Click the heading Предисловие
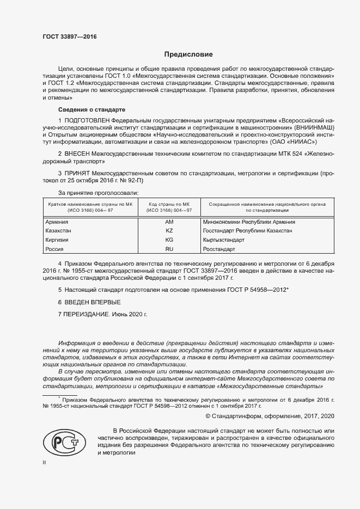click(x=188, y=54)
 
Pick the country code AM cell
click(x=169, y=222)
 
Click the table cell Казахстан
click(x=60, y=231)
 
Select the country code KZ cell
click(x=169, y=231)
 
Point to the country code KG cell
click(x=169, y=240)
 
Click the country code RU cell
click(x=169, y=249)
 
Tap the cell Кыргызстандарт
click(x=223, y=240)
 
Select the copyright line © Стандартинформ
click(x=265, y=416)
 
